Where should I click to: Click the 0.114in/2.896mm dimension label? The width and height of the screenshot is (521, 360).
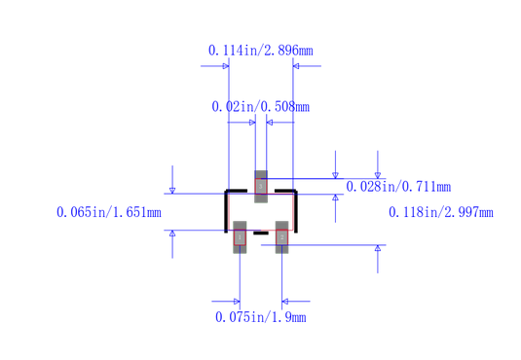tap(260, 50)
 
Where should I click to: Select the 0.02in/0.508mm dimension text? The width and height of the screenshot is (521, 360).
tap(260, 106)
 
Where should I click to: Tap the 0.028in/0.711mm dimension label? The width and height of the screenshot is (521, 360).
tap(398, 187)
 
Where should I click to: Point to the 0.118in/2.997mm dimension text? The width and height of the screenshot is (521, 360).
tap(440, 212)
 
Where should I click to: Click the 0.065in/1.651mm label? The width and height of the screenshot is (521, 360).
tap(108, 212)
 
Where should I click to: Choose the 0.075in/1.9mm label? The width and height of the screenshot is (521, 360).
tap(260, 317)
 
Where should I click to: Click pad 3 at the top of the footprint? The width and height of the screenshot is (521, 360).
tap(260, 185)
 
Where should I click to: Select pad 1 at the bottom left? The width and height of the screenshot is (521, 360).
tap(240, 236)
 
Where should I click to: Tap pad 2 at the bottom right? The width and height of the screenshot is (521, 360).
tap(281, 236)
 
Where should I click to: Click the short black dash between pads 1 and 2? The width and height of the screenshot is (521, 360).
tap(260, 234)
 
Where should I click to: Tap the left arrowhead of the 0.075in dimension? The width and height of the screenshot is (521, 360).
tap(235, 301)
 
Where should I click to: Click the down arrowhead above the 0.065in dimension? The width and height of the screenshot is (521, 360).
tap(172, 188)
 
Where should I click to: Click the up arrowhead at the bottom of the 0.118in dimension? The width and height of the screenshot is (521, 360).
tap(378, 250)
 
